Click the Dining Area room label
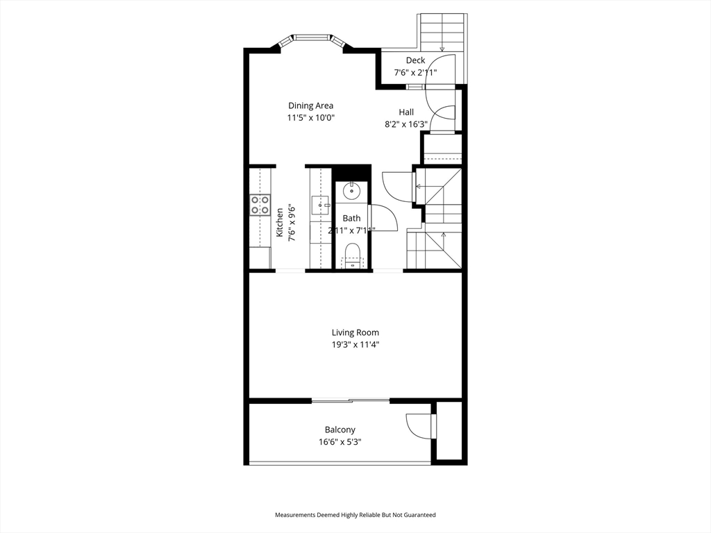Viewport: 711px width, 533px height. (310, 105)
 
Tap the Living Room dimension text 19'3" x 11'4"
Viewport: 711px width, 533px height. (355, 344)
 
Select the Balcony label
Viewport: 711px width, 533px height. (340, 430)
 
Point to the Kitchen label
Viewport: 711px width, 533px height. (280, 222)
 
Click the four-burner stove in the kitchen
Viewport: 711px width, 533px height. (260, 205)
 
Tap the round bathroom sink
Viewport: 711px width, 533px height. (351, 192)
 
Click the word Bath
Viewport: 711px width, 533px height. (351, 219)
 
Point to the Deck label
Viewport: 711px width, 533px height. (415, 60)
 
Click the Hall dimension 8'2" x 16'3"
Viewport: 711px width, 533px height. (406, 124)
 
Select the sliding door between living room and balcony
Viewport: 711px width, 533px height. (351, 400)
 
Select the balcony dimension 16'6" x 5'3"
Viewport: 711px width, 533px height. (340, 442)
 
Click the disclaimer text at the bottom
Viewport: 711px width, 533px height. (355, 515)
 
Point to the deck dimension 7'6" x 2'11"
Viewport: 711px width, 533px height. (415, 72)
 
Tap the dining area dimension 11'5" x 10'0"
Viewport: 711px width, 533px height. (310, 118)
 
